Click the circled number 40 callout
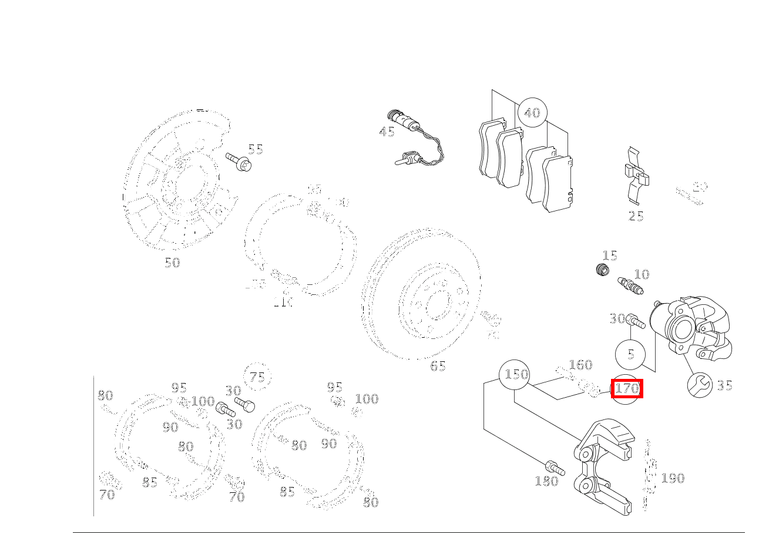532,112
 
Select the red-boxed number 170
627,388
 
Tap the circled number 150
514,374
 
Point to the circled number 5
630,354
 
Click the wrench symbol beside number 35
700,385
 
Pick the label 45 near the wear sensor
387,132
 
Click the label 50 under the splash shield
172,263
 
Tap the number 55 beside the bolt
255,149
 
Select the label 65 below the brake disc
438,366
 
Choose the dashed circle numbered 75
257,378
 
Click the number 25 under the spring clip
636,216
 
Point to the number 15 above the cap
610,256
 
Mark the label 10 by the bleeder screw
642,274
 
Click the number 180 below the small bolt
546,482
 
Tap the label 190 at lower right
673,478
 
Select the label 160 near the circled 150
580,365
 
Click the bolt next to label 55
238,162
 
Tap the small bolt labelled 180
555,468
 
